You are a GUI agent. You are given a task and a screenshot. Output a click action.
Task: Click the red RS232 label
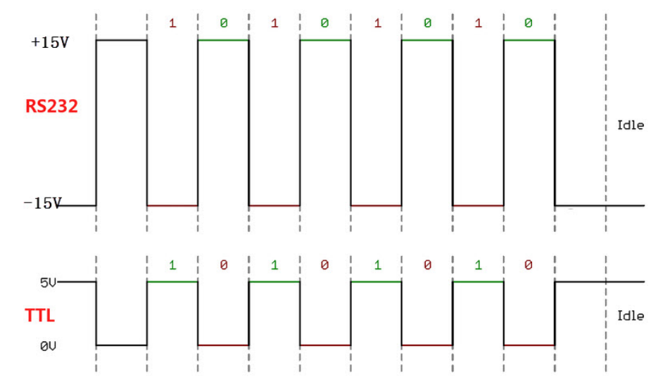51,106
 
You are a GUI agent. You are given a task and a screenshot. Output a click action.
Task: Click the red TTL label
40,316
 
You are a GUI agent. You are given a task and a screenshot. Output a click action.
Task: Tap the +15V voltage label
49,42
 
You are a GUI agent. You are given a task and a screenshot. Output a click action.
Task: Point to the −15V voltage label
42,204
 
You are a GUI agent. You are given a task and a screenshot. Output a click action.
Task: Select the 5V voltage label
48,283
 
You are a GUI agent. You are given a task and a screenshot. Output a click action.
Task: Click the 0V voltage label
48,345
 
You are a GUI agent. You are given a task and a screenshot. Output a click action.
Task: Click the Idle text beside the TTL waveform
630,316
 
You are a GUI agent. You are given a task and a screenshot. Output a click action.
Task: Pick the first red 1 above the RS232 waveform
172,23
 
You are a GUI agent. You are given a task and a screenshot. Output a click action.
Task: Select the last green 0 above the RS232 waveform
529,23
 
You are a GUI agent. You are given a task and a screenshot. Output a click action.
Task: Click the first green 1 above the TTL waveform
172,265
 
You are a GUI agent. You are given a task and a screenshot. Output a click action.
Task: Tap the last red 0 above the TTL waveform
529,265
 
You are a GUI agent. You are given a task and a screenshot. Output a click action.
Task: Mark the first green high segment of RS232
223,40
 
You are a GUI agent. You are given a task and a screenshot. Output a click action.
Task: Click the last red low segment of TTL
529,345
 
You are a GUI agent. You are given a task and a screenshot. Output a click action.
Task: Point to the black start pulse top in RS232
122,40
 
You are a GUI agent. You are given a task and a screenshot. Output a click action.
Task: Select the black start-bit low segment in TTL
122,345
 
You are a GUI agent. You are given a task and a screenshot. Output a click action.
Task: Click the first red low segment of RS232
172,205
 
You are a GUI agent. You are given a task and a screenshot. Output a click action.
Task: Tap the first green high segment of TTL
172,282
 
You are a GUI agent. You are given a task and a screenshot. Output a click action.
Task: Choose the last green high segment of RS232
529,40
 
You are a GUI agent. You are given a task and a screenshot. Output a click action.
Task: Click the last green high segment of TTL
478,282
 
